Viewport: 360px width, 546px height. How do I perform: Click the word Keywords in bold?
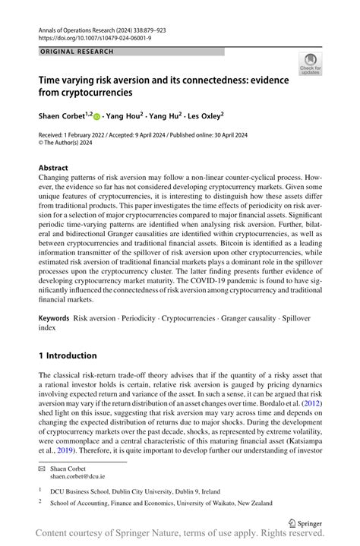[54, 314]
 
